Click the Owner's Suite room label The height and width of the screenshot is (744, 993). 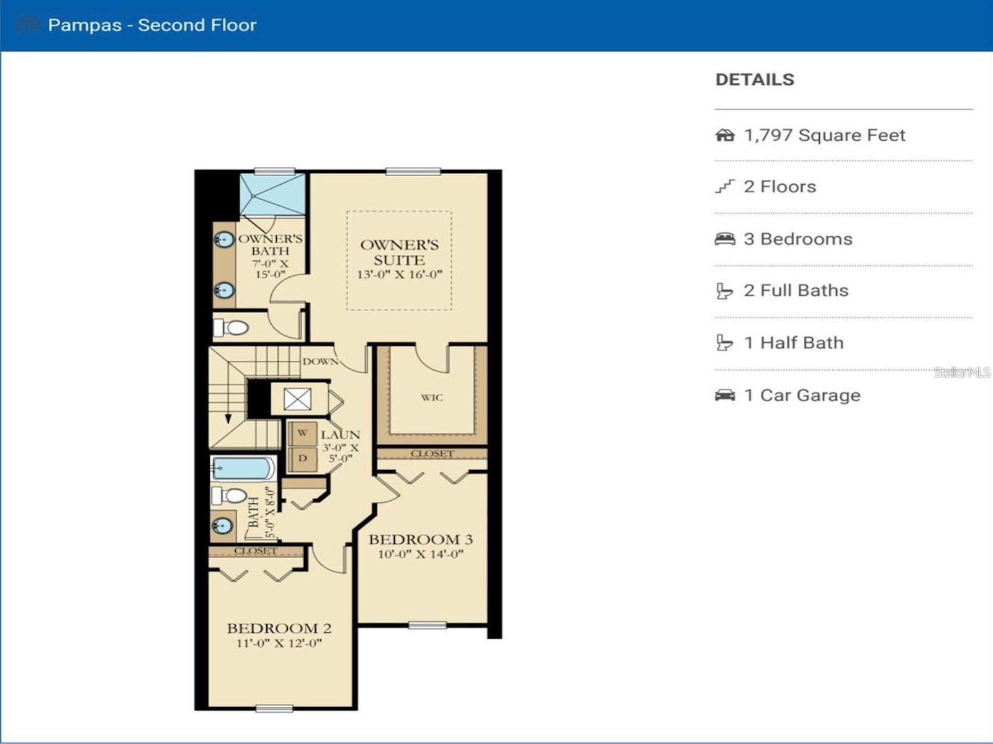click(x=399, y=252)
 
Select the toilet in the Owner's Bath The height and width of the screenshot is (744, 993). click(x=232, y=327)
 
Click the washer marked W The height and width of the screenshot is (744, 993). click(x=302, y=433)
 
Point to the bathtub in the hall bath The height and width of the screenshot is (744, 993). click(x=243, y=468)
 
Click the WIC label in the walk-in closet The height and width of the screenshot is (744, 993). click(x=432, y=397)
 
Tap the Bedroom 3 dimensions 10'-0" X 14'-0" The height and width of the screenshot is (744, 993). click(x=421, y=554)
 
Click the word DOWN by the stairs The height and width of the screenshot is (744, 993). click(x=320, y=361)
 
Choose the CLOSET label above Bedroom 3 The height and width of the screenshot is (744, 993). click(x=432, y=454)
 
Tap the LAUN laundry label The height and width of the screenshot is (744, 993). click(x=340, y=435)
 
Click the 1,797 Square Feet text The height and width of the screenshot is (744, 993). click(x=824, y=135)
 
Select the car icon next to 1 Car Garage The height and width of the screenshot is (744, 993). click(x=724, y=395)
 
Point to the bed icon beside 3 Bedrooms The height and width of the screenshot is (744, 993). click(x=724, y=239)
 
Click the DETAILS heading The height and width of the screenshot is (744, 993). click(x=755, y=79)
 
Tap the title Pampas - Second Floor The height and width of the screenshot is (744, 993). click(x=152, y=25)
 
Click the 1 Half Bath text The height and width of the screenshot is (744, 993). click(x=794, y=343)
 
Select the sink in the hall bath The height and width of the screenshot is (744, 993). click(x=222, y=526)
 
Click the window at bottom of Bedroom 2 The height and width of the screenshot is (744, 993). click(x=274, y=708)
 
